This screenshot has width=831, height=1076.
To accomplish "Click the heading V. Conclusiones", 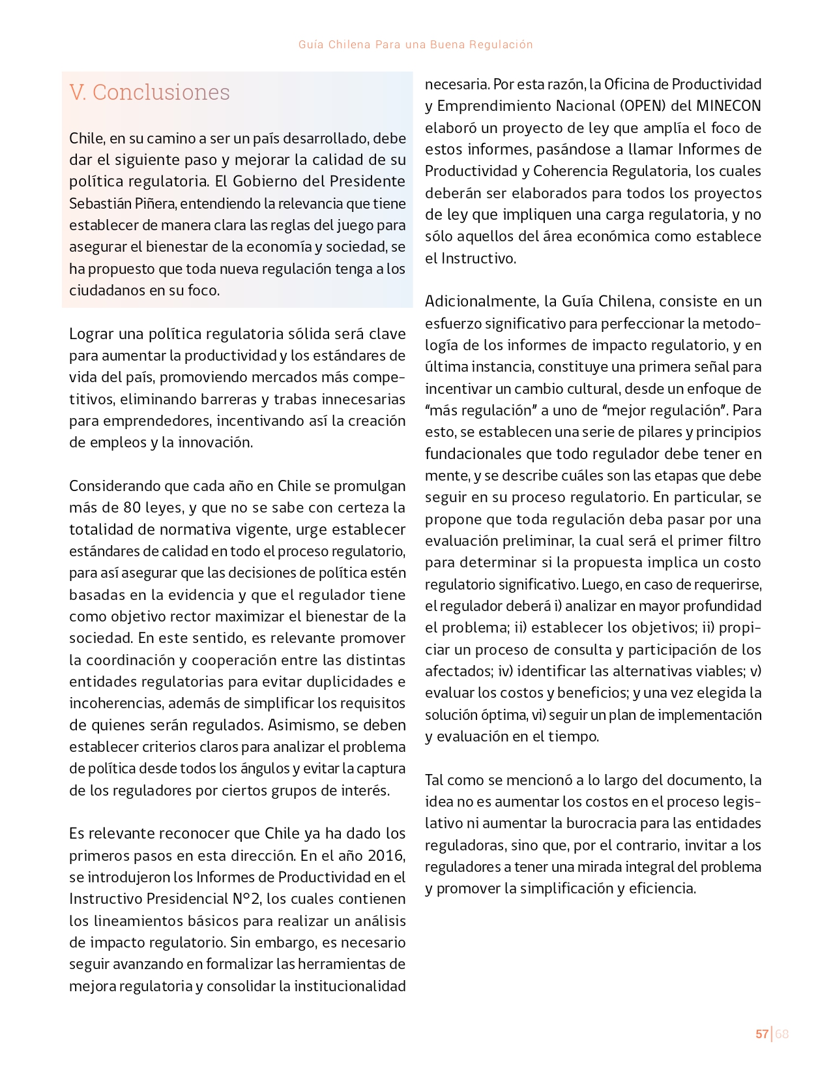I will (149, 92).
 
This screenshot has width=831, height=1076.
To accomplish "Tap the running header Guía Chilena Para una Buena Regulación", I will (415, 44).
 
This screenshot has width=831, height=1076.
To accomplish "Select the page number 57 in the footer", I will (761, 1034).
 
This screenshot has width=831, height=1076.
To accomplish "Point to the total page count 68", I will (782, 1034).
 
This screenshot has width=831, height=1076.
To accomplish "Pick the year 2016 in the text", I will (386, 855).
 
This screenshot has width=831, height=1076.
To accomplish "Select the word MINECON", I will (729, 106).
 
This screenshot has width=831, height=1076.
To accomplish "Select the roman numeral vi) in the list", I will (538, 715).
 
